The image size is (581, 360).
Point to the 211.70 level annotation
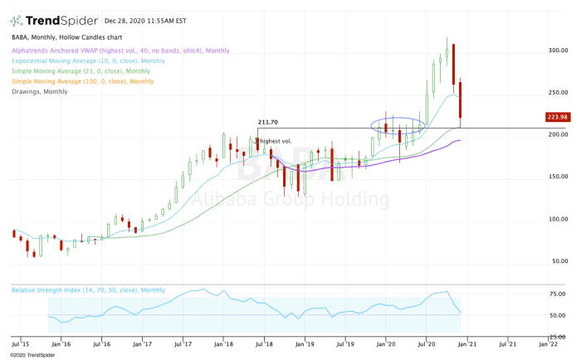(267, 122)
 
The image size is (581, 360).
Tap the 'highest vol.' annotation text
(275, 141)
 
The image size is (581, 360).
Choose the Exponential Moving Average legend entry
(88, 61)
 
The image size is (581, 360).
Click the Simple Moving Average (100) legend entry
(83, 81)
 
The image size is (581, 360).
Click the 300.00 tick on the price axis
(558, 51)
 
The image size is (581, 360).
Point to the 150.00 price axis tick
(558, 177)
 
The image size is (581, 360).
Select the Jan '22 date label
(547, 342)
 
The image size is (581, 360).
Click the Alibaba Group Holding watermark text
(290, 199)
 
